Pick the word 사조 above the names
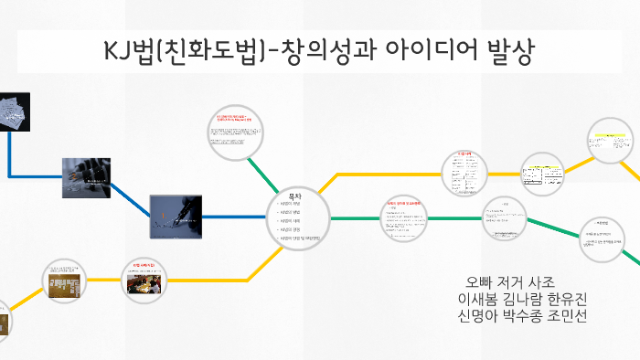coord(571,281)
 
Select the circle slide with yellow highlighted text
coord(611,143)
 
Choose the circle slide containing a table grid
coord(545,173)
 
